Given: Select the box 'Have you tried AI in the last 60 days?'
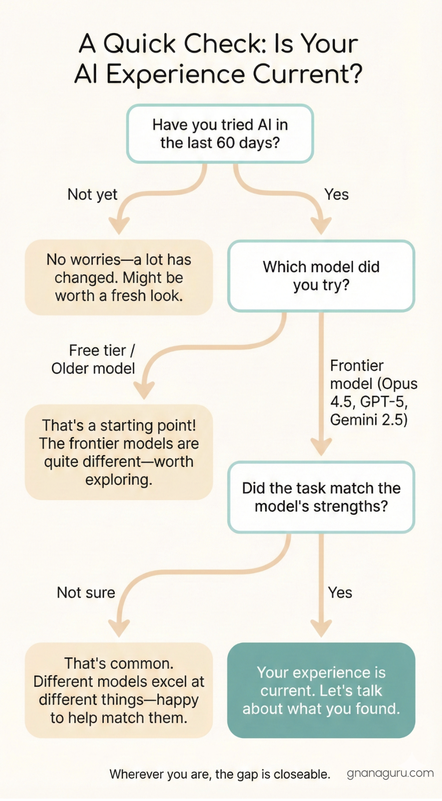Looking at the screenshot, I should (x=220, y=133).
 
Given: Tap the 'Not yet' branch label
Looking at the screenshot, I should (x=92, y=194).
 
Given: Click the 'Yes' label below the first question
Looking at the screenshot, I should (x=336, y=194).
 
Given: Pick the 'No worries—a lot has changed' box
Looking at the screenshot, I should (x=119, y=278).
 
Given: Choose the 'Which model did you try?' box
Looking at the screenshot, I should (x=321, y=276).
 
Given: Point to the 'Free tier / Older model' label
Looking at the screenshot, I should (x=93, y=359).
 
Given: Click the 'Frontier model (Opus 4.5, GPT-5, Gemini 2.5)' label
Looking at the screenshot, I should (x=373, y=393).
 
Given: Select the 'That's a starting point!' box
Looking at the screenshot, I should (x=119, y=452).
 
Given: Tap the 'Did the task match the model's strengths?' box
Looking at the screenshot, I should (x=321, y=497).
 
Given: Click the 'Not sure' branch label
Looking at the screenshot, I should (x=86, y=593).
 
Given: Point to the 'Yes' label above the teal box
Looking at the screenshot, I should (x=340, y=593).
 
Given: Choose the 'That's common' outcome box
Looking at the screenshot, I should (x=119, y=690).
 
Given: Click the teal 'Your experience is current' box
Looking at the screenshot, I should (x=321, y=690).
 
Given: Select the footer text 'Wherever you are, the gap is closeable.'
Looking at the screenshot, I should (x=220, y=774).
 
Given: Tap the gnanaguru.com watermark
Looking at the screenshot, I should (x=390, y=773).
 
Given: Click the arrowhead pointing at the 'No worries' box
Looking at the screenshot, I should (x=119, y=226).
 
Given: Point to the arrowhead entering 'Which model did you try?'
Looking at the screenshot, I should (x=321, y=226).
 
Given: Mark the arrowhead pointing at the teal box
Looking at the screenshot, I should (x=321, y=627).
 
